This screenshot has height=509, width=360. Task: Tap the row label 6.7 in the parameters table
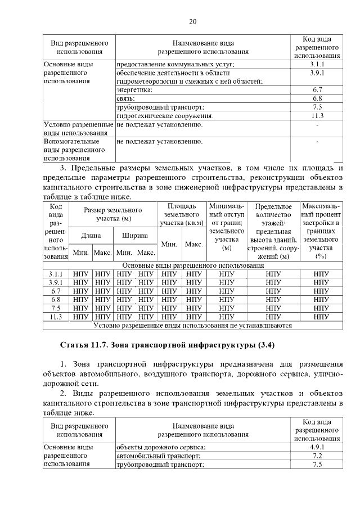55,291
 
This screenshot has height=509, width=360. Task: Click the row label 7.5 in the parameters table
55,308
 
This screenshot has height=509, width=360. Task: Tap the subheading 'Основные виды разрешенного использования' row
193,265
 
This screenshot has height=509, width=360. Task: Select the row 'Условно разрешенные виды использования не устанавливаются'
193,325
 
